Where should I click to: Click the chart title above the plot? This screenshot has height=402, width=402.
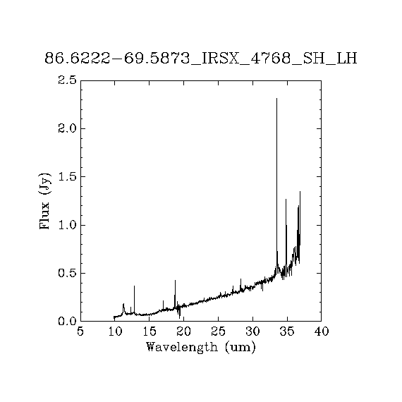[201, 59]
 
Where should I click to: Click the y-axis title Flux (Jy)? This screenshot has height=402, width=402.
[44, 201]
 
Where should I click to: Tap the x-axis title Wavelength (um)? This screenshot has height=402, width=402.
[201, 348]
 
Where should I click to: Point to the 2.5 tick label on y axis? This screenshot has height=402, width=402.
[67, 80]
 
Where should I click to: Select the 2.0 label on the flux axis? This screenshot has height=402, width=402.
[67, 128]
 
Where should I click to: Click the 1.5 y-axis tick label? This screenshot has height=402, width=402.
[67, 176]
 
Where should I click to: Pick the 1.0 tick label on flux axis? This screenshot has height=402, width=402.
[67, 225]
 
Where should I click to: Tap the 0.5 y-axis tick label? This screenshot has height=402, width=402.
[67, 273]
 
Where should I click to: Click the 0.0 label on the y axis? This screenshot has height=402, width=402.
[67, 321]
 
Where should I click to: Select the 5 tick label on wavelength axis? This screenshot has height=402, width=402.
[80, 331]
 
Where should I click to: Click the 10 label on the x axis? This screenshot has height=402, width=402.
[115, 331]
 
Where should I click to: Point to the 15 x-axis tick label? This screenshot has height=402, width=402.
[150, 331]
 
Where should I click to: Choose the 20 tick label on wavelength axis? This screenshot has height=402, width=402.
[184, 331]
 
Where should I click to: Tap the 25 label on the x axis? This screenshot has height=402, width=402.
[218, 331]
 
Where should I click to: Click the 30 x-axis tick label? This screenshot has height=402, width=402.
[252, 331]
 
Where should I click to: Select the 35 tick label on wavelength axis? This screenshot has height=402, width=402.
[287, 331]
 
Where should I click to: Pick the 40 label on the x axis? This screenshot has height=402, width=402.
[321, 331]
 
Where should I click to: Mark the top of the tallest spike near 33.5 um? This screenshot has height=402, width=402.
[276, 98]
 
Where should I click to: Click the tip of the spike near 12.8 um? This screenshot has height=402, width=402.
[134, 286]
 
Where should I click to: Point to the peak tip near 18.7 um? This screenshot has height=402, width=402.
[175, 280]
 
